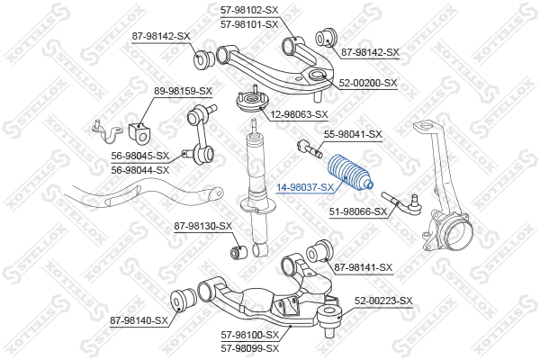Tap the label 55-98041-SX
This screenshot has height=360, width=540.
coord(353,134)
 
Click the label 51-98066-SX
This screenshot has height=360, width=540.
coord(357,212)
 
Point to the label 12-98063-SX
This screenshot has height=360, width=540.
coord(299,114)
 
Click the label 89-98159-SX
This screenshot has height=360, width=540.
coord(183,91)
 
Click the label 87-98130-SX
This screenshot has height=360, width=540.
coord(203,226)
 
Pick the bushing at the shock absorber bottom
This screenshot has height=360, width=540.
coord(240,249)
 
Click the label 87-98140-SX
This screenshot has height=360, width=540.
coord(139,319)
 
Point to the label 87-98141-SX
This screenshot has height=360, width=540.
coord(364,267)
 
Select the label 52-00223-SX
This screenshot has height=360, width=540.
coord(382,301)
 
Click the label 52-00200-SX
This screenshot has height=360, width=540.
coord(368,83)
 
